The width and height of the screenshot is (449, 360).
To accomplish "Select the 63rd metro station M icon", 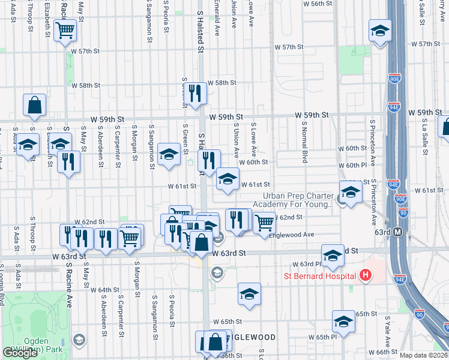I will point(397,232).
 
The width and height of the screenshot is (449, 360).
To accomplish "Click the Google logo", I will point(20,353).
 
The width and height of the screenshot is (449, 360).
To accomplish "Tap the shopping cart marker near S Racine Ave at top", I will point(65,30).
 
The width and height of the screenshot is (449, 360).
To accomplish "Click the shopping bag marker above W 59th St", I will point(35,104).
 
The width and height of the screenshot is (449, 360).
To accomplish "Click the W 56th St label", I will point(318,4).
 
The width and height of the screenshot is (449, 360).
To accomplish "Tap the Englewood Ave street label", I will point(294,235).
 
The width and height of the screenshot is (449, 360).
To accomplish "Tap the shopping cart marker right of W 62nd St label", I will point(264,222).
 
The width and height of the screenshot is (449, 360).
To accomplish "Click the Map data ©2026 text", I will point(424,355).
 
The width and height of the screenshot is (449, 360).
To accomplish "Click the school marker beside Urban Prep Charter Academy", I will point(351,192).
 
